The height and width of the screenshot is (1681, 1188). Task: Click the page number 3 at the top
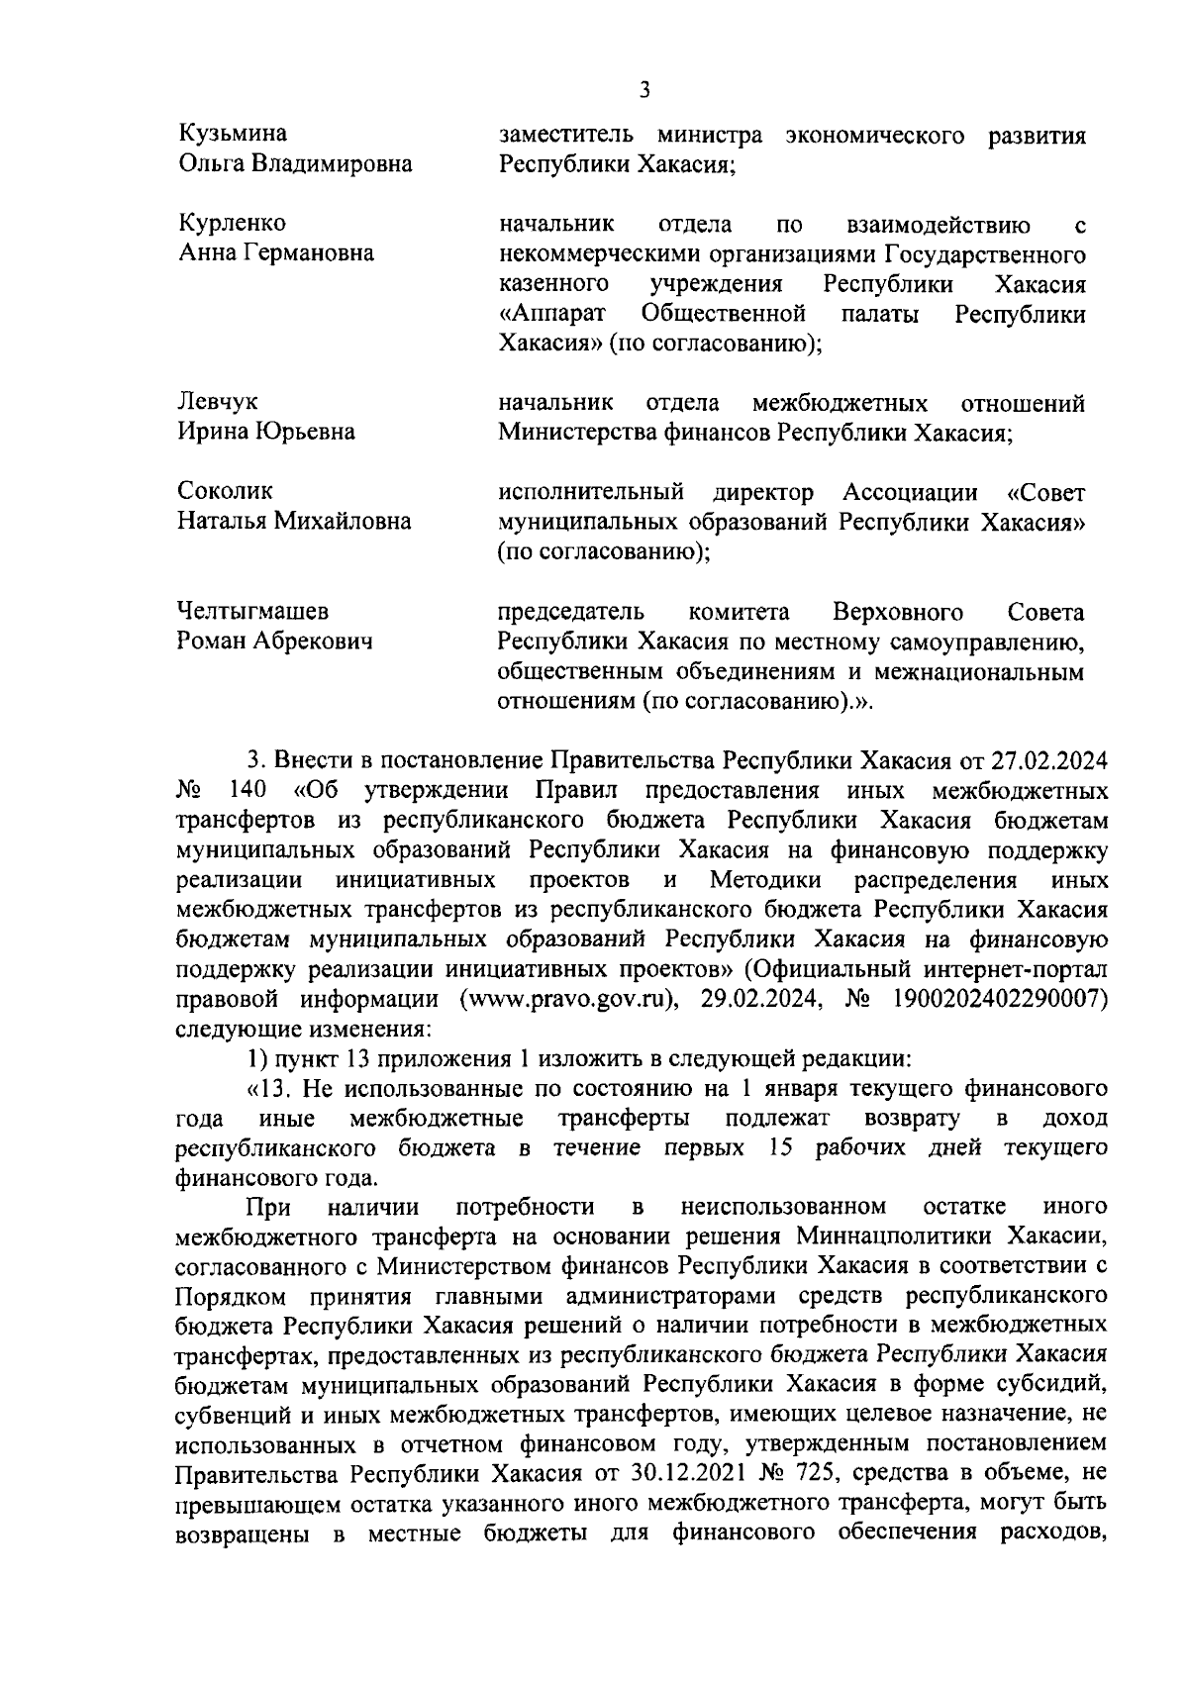click(644, 90)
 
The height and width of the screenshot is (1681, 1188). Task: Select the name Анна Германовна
click(275, 253)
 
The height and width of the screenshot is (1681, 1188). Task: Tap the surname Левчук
click(217, 402)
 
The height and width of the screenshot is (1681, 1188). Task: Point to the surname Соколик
click(225, 491)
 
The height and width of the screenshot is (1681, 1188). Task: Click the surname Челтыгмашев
click(252, 611)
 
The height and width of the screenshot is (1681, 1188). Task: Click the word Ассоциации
click(910, 491)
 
